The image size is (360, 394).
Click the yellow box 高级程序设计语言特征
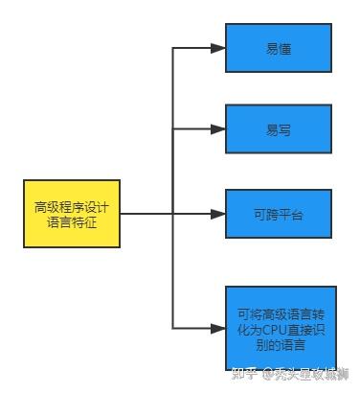pyautogui.click(x=73, y=213)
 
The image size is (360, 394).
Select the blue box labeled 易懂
pyautogui.click(x=279, y=47)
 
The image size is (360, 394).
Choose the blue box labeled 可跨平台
pyautogui.click(x=279, y=214)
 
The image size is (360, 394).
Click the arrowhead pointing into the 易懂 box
pyautogui.click(x=219, y=47)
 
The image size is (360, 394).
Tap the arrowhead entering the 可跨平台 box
pyautogui.click(x=219, y=214)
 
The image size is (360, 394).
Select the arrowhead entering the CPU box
pyautogui.click(x=219, y=327)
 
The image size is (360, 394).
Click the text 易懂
pyautogui.click(x=279, y=47)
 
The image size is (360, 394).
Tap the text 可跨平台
pyautogui.click(x=279, y=214)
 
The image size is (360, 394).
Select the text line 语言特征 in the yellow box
pyautogui.click(x=73, y=221)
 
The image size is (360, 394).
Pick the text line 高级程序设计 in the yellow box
pyautogui.click(x=73, y=205)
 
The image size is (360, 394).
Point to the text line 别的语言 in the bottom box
pyautogui.click(x=279, y=342)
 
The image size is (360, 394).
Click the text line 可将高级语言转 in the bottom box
pyautogui.click(x=279, y=312)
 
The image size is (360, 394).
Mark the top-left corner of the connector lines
pyautogui.click(x=172, y=47)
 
